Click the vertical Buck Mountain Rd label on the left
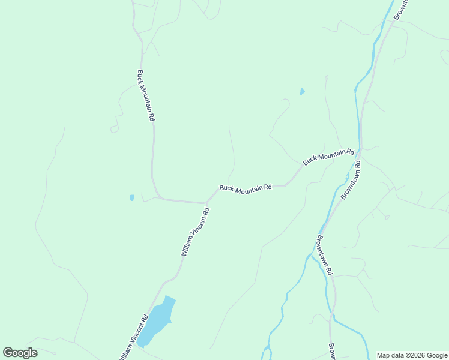[x=146, y=96]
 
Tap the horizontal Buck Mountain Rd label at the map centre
[x=246, y=188]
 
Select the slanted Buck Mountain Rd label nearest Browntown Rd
[x=328, y=158]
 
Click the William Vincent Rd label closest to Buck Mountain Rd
[x=195, y=232]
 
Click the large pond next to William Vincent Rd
[x=157, y=320]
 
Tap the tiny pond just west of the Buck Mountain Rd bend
[x=131, y=197]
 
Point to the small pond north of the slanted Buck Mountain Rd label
[x=302, y=92]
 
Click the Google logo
[x=20, y=353]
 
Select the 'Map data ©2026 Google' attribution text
[x=412, y=355]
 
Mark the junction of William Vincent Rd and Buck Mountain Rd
[x=208, y=202]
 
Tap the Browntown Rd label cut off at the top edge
[x=401, y=8]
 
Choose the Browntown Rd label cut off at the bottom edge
[x=331, y=351]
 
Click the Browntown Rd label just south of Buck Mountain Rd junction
[x=350, y=179]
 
